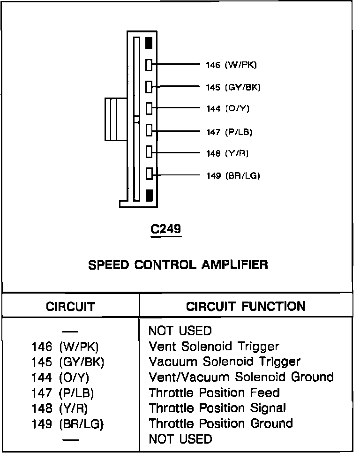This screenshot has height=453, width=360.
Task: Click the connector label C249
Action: coord(165,229)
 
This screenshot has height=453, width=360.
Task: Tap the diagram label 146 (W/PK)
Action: coord(231,65)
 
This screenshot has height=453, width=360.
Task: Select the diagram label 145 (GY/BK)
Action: coord(233,87)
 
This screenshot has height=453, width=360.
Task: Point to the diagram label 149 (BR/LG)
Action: coord(232,176)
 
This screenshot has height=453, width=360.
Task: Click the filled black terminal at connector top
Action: coord(149,43)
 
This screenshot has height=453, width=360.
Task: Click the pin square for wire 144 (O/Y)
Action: coord(149,109)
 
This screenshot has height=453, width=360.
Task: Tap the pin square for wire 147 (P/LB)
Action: coord(149,130)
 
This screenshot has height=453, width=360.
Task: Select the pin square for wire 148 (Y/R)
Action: coord(149,152)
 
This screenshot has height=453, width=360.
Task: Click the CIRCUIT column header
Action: coord(70,307)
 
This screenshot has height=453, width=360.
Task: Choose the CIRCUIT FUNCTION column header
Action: coord(246,307)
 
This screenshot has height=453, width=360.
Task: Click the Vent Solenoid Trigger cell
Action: coord(214,347)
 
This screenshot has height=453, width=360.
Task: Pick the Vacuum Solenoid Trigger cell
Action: coord(225,362)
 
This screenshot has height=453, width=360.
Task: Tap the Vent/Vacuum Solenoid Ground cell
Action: coord(241,377)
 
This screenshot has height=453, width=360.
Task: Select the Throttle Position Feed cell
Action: coord(214,393)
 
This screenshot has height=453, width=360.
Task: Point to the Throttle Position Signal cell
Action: coord(217,408)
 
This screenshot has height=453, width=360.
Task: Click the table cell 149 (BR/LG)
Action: coord(67,423)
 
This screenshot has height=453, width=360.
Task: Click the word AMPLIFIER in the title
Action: coord(235,264)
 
